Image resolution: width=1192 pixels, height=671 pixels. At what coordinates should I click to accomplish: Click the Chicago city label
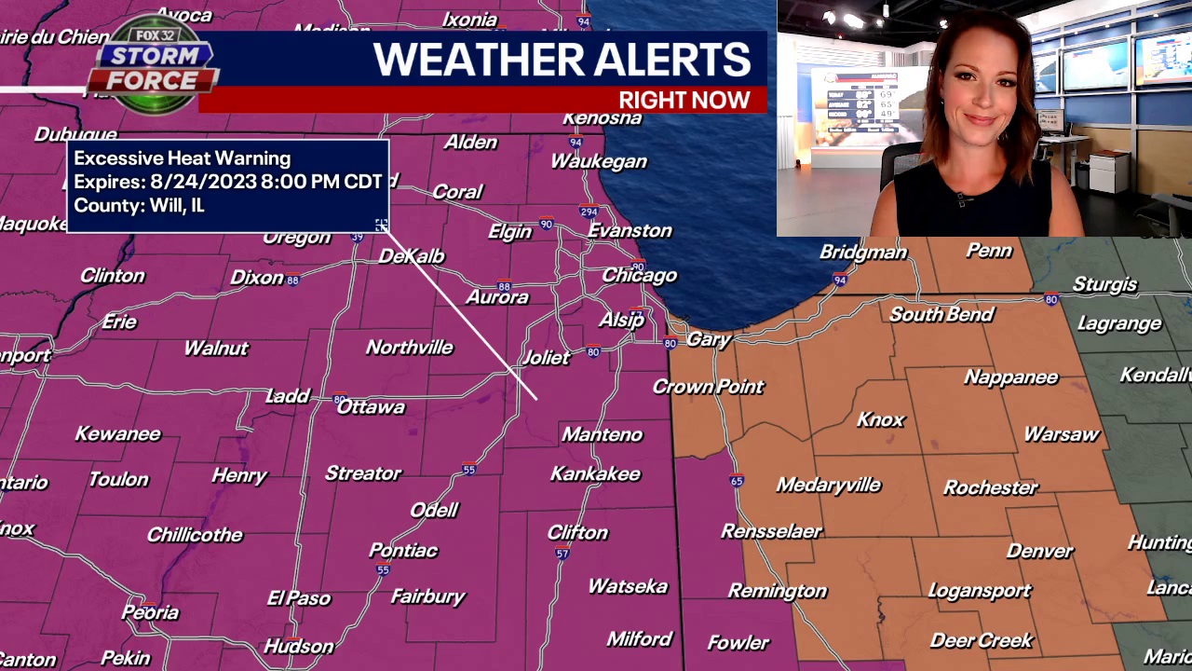click(x=639, y=276)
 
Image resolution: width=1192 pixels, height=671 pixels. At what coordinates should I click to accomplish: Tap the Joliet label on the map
click(x=546, y=357)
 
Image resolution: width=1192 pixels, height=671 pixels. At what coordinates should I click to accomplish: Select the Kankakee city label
click(x=595, y=474)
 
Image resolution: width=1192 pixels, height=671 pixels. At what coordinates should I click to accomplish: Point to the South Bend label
click(x=941, y=315)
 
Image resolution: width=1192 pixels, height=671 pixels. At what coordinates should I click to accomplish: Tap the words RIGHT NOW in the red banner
click(x=684, y=101)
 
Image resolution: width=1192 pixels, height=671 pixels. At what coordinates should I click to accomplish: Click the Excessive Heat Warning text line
click(x=183, y=158)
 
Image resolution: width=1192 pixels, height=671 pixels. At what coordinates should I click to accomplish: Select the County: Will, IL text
click(x=140, y=206)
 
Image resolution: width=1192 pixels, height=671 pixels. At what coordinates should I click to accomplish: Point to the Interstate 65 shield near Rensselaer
click(x=737, y=481)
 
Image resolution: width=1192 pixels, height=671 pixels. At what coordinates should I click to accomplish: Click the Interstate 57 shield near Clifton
click(x=562, y=554)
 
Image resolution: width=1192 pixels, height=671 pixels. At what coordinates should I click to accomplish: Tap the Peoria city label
click(x=150, y=612)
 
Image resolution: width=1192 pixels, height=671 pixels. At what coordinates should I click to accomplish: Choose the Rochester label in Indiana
click(x=990, y=487)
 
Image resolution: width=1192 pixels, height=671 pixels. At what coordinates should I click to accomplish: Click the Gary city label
click(x=708, y=340)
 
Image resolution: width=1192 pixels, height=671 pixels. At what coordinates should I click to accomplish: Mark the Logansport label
click(x=980, y=591)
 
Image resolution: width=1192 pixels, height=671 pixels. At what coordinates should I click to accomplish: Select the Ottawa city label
click(x=371, y=407)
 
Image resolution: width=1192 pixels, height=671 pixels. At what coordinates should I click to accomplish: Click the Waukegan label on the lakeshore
click(x=599, y=162)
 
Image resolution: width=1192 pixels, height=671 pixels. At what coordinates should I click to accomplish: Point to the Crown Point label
click(x=709, y=387)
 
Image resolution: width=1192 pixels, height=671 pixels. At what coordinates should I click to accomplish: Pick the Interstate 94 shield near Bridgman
click(x=840, y=280)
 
